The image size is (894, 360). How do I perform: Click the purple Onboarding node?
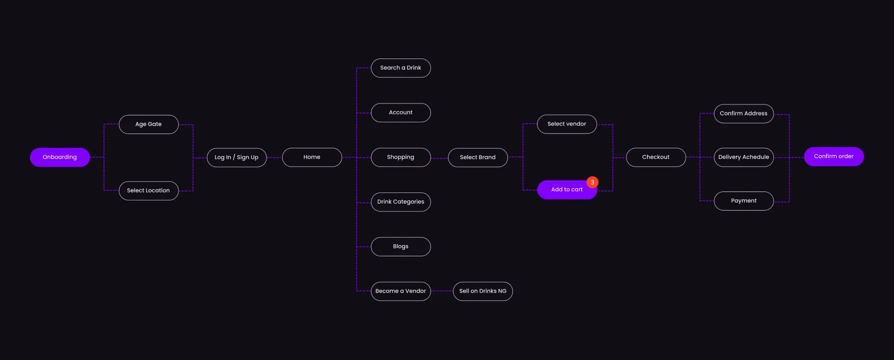pyautogui.click(x=59, y=157)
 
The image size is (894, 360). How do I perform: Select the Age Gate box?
pyautogui.click(x=148, y=124)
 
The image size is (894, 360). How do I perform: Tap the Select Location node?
pyautogui.click(x=148, y=190)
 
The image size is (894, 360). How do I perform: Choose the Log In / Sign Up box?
pyautogui.click(x=236, y=157)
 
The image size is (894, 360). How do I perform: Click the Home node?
pyautogui.click(x=312, y=157)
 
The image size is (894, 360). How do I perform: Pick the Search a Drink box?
pyautogui.click(x=400, y=68)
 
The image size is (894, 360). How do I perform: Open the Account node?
pyautogui.click(x=400, y=112)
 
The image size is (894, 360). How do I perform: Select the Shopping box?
pyautogui.click(x=400, y=157)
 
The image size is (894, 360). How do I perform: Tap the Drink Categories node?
pyautogui.click(x=400, y=201)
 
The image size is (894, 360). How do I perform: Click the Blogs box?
pyautogui.click(x=400, y=246)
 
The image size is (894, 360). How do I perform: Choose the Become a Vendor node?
pyautogui.click(x=400, y=291)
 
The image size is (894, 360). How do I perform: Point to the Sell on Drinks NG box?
pyautogui.click(x=482, y=291)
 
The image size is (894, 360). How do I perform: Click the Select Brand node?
pyautogui.click(x=477, y=157)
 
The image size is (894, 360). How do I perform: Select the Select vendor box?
pyautogui.click(x=566, y=124)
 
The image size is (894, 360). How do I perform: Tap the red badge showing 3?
pyautogui.click(x=592, y=182)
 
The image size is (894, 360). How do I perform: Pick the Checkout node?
pyautogui.click(x=655, y=157)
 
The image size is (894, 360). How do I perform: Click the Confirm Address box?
pyautogui.click(x=743, y=113)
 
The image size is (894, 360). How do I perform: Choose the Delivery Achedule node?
pyautogui.click(x=743, y=157)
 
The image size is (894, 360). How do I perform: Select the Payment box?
pyautogui.click(x=743, y=200)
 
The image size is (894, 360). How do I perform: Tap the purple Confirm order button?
pyautogui.click(x=833, y=156)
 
